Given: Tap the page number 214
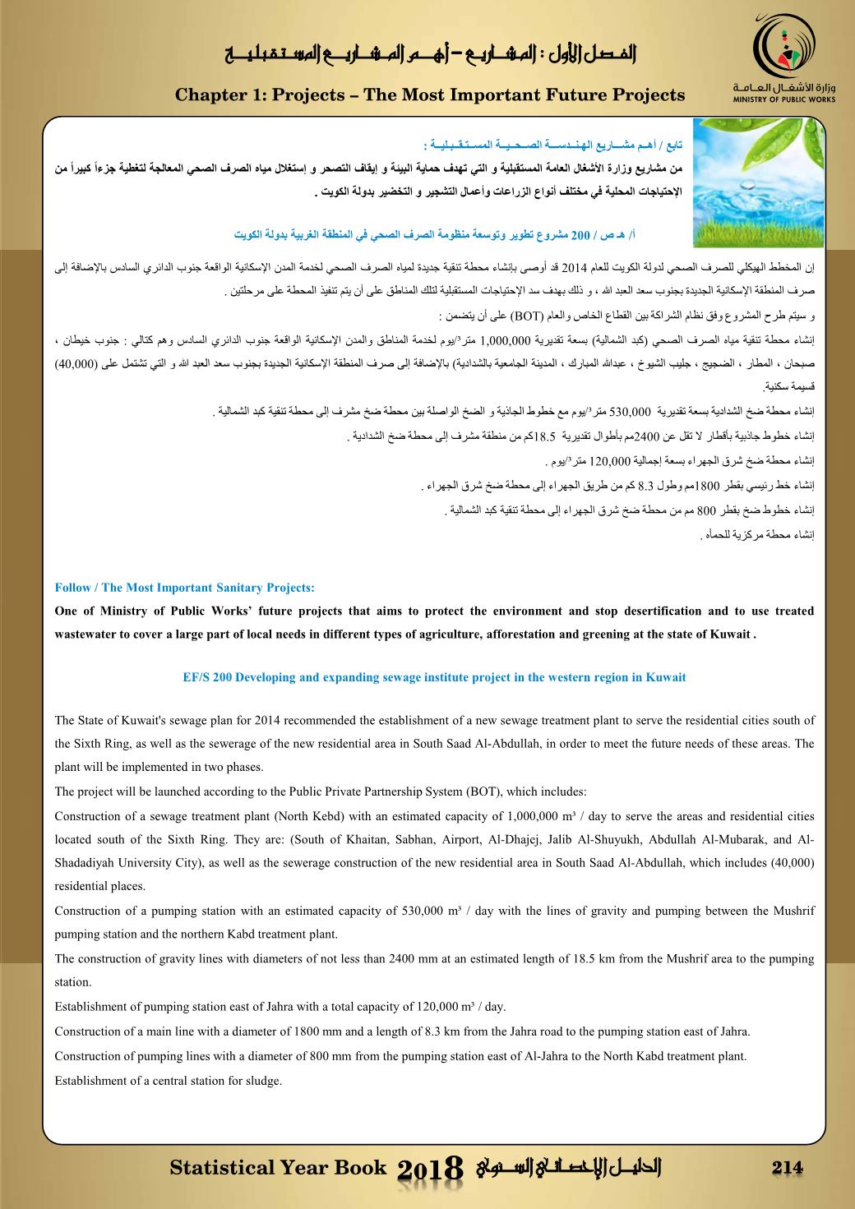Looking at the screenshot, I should tap(788, 1168).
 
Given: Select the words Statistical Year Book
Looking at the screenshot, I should tap(278, 1168).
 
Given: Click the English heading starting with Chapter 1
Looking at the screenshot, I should tap(430, 95).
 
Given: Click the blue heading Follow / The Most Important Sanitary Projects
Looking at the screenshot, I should tap(184, 588).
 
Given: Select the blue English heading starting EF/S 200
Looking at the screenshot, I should tap(433, 677).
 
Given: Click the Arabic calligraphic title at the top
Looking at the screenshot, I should tap(432, 55).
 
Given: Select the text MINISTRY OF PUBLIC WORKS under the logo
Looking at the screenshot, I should tap(784, 99).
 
